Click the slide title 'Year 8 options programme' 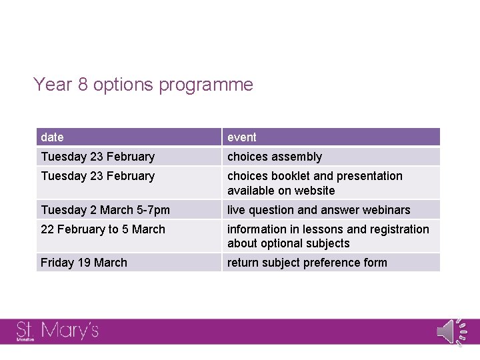(143, 85)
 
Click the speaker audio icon (449, 331)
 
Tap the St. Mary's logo (57, 331)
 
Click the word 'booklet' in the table (291, 176)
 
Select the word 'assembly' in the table (297, 157)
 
